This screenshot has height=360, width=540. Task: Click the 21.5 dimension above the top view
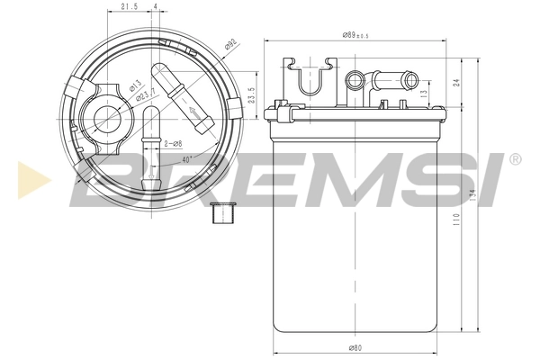[130, 7]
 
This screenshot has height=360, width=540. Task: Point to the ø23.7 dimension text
[147, 94]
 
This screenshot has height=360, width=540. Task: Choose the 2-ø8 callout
[174, 143]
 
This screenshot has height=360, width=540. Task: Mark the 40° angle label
[185, 159]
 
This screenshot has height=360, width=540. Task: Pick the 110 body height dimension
[457, 219]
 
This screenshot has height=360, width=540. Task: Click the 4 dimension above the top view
[156, 7]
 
